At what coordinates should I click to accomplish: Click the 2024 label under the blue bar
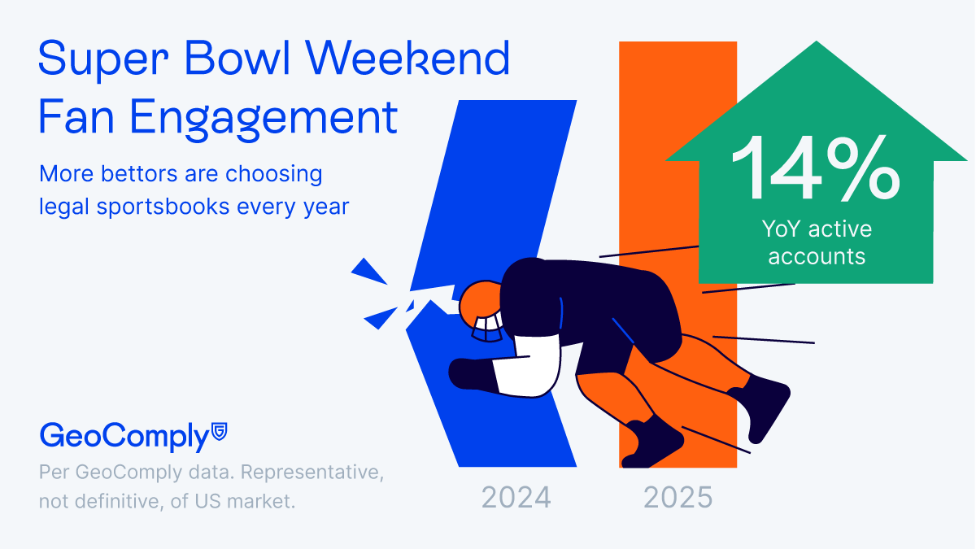coord(516,498)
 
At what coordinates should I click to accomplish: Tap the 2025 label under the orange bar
coord(678,498)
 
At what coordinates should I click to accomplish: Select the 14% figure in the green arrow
coord(816,168)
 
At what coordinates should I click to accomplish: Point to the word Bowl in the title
coord(237,58)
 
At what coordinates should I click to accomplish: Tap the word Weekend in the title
coord(407,58)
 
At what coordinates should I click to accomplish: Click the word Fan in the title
coord(76,116)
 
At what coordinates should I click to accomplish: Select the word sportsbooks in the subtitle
coord(163,207)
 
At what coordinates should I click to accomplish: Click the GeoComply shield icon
coord(219,431)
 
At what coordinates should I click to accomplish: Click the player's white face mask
coord(488,329)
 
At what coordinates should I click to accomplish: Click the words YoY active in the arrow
coord(817,229)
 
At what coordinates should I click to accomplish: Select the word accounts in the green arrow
coord(817,256)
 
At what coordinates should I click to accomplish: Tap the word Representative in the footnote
coord(312,473)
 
